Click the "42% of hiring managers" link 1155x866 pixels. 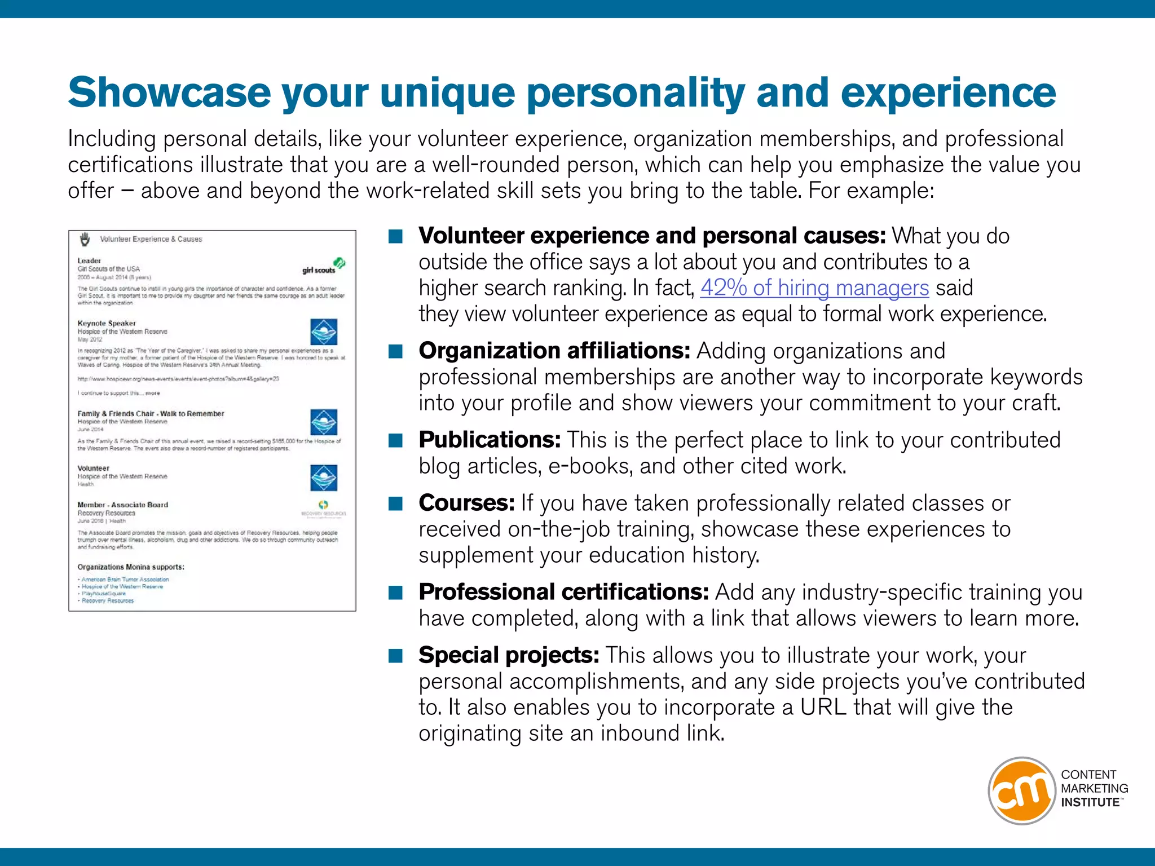point(814,288)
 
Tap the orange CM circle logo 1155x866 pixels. point(1021,790)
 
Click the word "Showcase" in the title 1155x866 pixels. point(170,93)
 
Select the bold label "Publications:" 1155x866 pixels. point(489,440)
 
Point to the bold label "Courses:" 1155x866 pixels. point(466,503)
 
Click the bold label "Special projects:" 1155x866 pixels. point(509,655)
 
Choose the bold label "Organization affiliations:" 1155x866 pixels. point(554,351)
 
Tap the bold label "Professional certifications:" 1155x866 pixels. point(563,592)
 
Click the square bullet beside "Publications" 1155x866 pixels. point(396,440)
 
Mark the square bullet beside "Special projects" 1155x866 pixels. point(396,656)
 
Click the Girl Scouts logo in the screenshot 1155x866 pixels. point(324,266)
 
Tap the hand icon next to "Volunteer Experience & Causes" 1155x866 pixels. point(85,239)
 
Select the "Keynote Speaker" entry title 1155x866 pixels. point(107,324)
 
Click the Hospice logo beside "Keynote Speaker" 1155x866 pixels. point(324,332)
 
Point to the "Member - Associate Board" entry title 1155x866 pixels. point(123,505)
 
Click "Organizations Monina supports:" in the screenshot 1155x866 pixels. point(131,567)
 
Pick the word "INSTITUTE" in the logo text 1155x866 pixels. point(1090,802)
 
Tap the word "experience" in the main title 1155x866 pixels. point(948,93)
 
